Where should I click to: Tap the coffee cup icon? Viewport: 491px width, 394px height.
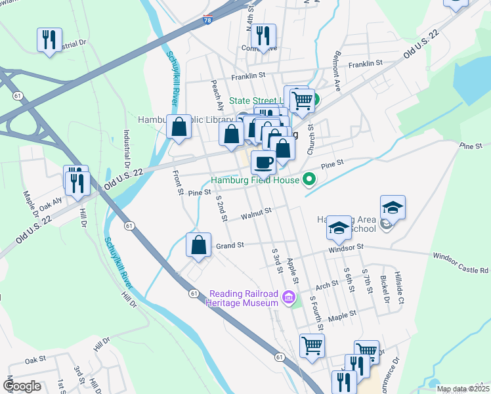(x=263, y=162)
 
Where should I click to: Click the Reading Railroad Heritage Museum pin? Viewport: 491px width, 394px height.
(x=288, y=299)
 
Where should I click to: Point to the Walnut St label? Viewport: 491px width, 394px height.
(x=255, y=214)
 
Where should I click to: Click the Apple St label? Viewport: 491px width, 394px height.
(x=293, y=271)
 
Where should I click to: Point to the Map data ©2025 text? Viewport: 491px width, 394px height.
(x=462, y=389)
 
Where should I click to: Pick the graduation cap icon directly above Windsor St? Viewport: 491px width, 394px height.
(x=339, y=229)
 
